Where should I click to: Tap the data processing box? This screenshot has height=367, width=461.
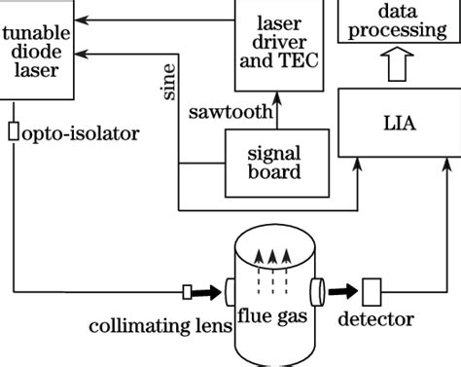[x=399, y=19]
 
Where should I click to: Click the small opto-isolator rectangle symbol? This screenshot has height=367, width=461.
[x=13, y=131]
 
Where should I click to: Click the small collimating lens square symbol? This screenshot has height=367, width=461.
[x=188, y=290]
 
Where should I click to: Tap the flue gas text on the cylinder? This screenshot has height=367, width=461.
[x=271, y=317]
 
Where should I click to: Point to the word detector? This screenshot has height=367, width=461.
[x=375, y=319]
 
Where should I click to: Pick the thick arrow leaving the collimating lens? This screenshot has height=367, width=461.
[x=208, y=290]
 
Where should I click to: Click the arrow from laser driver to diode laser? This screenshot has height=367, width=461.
[x=146, y=18]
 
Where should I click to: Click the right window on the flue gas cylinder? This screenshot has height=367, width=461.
[x=317, y=289]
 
